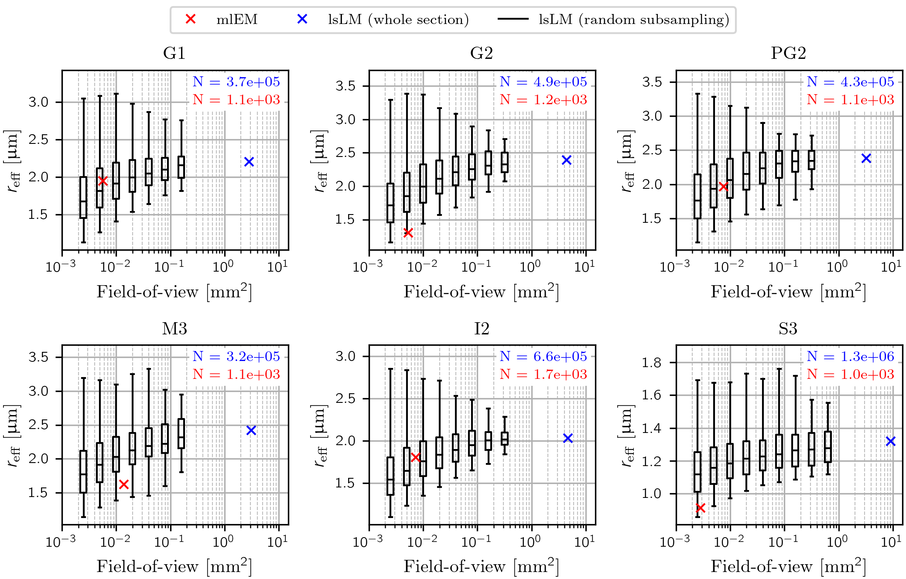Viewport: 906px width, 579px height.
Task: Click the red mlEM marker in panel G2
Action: [408, 233]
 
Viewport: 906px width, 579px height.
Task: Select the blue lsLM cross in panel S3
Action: [891, 442]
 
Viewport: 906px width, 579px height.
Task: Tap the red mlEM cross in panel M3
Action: [124, 484]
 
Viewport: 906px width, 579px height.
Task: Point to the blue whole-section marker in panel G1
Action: [249, 162]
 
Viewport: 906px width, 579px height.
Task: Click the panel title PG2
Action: [788, 53]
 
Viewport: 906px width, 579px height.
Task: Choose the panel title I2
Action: [482, 328]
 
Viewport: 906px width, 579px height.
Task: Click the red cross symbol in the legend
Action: [191, 19]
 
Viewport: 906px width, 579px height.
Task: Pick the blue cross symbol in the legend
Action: [302, 19]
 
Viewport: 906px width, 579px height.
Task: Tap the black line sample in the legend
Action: [513, 19]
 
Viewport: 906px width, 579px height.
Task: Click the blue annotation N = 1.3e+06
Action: [850, 356]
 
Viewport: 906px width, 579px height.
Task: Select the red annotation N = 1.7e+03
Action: [543, 374]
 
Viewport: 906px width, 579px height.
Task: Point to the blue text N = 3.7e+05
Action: [236, 82]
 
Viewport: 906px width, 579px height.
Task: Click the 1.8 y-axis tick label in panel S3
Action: [652, 362]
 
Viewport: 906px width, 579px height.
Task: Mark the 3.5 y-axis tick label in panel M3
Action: [38, 357]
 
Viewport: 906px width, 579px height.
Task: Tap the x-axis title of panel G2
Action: [481, 292]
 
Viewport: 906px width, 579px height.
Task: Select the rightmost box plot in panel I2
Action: [505, 438]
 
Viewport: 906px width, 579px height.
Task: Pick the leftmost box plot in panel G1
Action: [83, 197]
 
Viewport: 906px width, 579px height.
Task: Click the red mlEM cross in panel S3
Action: [701, 508]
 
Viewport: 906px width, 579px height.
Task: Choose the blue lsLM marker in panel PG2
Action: [866, 159]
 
